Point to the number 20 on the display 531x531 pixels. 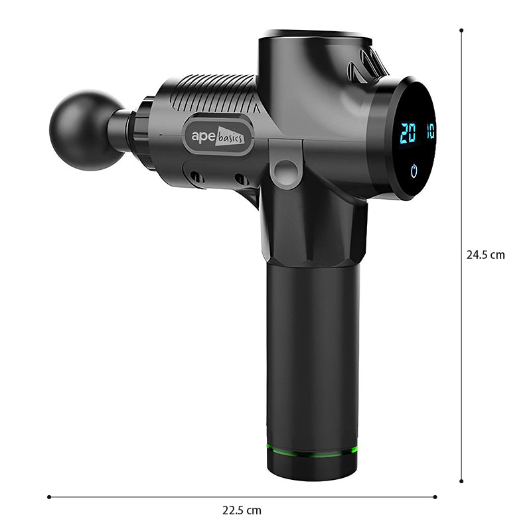[408, 132]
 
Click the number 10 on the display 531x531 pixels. [430, 130]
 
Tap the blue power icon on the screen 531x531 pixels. [415, 171]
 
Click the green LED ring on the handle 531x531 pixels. [312, 449]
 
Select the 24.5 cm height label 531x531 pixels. [485, 254]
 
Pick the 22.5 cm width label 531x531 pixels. [242, 510]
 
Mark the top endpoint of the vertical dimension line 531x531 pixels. [461, 30]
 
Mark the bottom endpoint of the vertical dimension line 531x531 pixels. [461, 481]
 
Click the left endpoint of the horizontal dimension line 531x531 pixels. [49, 496]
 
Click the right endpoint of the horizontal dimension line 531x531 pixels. [435, 496]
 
